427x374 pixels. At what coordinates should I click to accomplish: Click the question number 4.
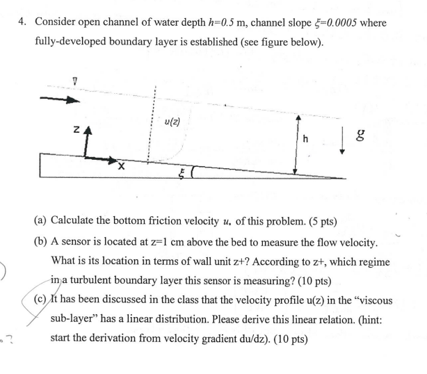(x=23, y=23)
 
